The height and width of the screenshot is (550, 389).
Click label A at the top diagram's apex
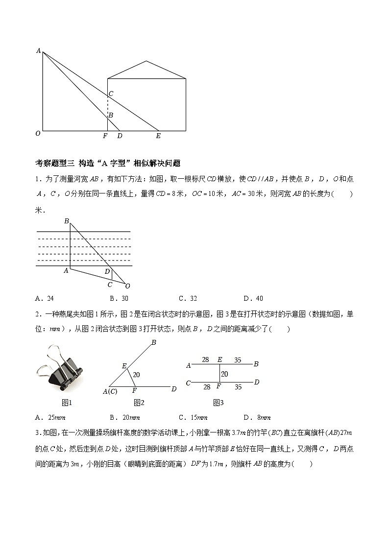pyautogui.click(x=38, y=50)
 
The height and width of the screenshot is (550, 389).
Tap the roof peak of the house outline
pyautogui.click(x=146, y=61)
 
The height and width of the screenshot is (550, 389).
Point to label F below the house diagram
pyautogui.click(x=105, y=136)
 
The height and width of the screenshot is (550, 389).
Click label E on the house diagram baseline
pyautogui.click(x=158, y=136)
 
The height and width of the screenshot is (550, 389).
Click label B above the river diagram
pyautogui.click(x=67, y=221)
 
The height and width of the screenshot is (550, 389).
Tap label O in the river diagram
pyautogui.click(x=128, y=286)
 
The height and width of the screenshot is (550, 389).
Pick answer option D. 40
pyautogui.click(x=253, y=298)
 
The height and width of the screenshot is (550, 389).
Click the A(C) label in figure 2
pyautogui.click(x=110, y=391)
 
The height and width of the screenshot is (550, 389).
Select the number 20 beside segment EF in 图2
pyautogui.click(x=137, y=375)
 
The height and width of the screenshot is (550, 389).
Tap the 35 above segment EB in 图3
pyautogui.click(x=238, y=360)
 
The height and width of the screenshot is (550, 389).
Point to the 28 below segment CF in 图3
pyautogui.click(x=207, y=387)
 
